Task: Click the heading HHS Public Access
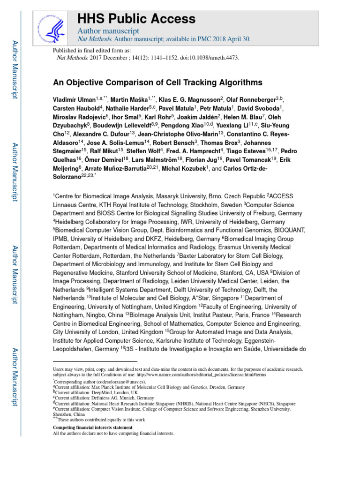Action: pos(136,19)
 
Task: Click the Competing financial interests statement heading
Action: pos(92,428)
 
